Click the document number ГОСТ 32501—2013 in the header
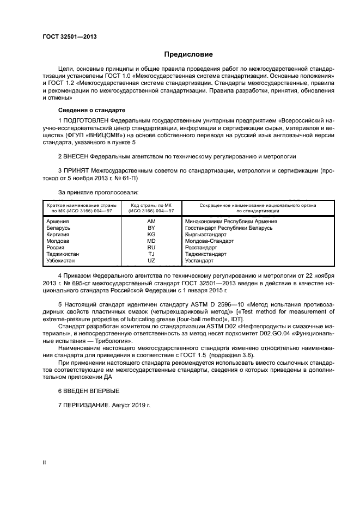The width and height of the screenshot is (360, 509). [x=65, y=37]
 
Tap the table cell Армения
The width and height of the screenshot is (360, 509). [x=58, y=222]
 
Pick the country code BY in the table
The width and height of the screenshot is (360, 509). [x=151, y=228]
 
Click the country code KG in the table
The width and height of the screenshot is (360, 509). [x=151, y=235]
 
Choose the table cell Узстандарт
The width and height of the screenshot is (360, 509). [x=201, y=261]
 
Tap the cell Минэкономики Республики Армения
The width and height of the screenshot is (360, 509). [x=231, y=222]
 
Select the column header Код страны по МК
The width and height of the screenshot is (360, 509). [x=151, y=205]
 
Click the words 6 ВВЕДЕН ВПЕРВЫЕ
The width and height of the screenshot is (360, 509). [x=88, y=391]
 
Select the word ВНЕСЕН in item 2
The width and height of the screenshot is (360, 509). [x=77, y=156]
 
